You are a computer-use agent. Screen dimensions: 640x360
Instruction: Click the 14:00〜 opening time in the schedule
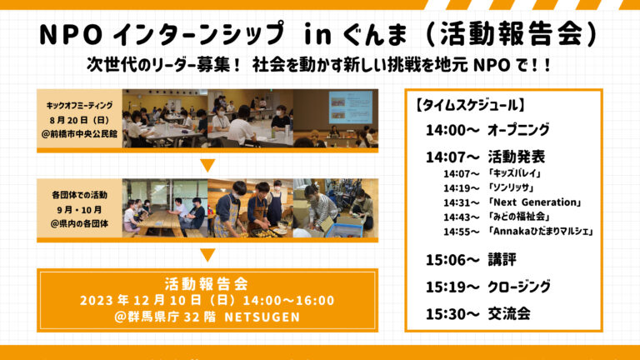[452, 130]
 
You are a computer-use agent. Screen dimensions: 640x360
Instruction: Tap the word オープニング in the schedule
[518, 130]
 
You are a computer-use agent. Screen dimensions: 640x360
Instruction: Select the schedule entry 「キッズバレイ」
[515, 173]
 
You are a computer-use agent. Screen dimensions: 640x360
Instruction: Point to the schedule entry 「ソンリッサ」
[512, 187]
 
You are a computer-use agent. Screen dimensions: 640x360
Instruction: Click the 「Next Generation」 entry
[535, 202]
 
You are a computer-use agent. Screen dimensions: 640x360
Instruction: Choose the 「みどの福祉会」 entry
[519, 217]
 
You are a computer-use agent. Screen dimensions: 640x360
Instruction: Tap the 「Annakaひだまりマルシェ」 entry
[541, 231]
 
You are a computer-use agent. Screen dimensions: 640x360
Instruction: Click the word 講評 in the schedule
[502, 260]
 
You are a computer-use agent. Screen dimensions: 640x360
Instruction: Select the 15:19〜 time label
[452, 287]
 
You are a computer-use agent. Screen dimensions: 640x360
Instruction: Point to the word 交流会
[509, 314]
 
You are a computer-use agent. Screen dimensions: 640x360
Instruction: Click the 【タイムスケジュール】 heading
[469, 105]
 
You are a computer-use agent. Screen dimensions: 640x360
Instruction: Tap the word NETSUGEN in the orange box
[262, 317]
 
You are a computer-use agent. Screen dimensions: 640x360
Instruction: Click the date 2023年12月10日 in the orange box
[141, 300]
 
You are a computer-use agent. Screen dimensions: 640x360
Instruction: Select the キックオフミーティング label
[80, 105]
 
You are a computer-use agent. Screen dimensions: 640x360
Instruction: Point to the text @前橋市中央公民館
[80, 134]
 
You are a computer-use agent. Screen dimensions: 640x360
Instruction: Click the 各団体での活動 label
[80, 195]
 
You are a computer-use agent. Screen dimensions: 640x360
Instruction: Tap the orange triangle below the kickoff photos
[207, 165]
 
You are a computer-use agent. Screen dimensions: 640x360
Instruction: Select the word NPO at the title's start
[70, 35]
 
